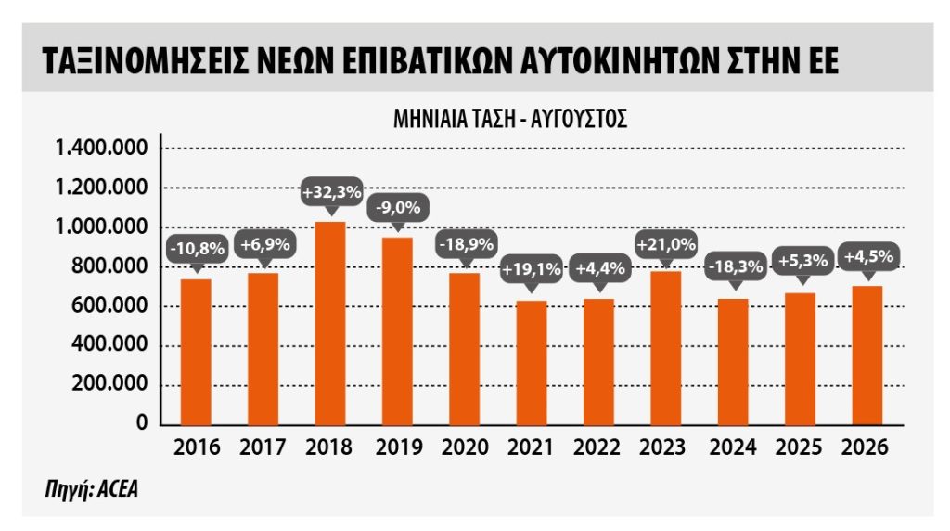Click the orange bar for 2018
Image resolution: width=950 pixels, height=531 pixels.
[x=330, y=323]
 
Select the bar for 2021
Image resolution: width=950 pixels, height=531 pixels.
[x=532, y=362]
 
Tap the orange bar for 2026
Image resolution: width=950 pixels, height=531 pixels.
[x=867, y=356]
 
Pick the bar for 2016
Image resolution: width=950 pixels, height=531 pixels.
[x=196, y=352]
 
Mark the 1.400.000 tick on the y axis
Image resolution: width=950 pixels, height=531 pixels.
[x=101, y=148]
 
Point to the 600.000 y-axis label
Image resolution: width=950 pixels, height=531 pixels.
[x=109, y=305]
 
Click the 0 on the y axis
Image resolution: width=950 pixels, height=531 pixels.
[x=142, y=422]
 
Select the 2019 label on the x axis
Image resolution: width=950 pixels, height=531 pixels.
[x=399, y=447]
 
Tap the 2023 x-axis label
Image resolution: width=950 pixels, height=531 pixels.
[x=662, y=447]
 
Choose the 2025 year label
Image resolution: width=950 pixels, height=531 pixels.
[x=799, y=447]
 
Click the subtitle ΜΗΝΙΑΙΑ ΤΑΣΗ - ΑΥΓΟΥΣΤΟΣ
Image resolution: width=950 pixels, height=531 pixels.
[x=510, y=119]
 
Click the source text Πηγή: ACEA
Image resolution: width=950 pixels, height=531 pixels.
[x=92, y=488]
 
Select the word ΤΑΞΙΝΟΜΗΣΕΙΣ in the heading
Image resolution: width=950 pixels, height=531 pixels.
[x=146, y=60]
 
